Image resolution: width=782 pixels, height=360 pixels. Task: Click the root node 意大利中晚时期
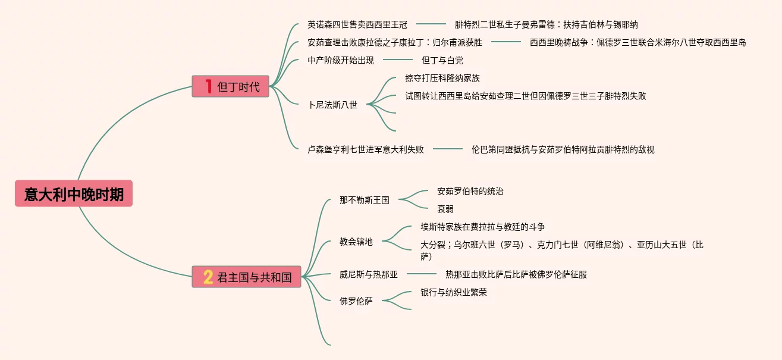click(74, 194)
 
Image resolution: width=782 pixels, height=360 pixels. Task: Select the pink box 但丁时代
click(230, 87)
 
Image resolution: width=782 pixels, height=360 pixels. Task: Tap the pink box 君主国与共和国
click(246, 277)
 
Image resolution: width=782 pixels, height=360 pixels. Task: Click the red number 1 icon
click(208, 87)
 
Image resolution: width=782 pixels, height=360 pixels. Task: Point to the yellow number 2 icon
click(208, 277)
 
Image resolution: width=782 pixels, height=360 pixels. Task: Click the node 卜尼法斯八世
click(332, 105)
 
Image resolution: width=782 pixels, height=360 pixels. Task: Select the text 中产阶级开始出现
click(341, 60)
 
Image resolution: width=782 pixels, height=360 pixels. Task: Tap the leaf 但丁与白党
click(442, 60)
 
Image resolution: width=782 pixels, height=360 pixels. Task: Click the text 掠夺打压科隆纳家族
click(442, 78)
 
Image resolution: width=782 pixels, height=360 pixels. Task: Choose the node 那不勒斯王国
click(365, 200)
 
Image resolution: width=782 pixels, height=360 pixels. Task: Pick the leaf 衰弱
click(445, 209)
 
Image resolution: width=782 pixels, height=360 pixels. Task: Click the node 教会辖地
click(356, 242)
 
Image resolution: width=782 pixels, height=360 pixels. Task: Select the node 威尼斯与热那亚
click(369, 274)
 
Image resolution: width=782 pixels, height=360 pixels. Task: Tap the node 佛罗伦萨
click(356, 301)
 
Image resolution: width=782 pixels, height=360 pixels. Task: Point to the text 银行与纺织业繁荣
click(454, 292)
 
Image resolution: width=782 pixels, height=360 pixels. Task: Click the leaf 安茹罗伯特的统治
click(470, 191)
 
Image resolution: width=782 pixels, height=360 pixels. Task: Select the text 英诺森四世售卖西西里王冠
click(357, 24)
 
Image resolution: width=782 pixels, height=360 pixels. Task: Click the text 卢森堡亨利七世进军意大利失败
click(366, 149)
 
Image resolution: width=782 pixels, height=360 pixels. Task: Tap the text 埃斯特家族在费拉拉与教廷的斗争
click(483, 227)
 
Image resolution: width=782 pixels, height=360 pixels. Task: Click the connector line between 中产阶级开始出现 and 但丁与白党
click(398, 60)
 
